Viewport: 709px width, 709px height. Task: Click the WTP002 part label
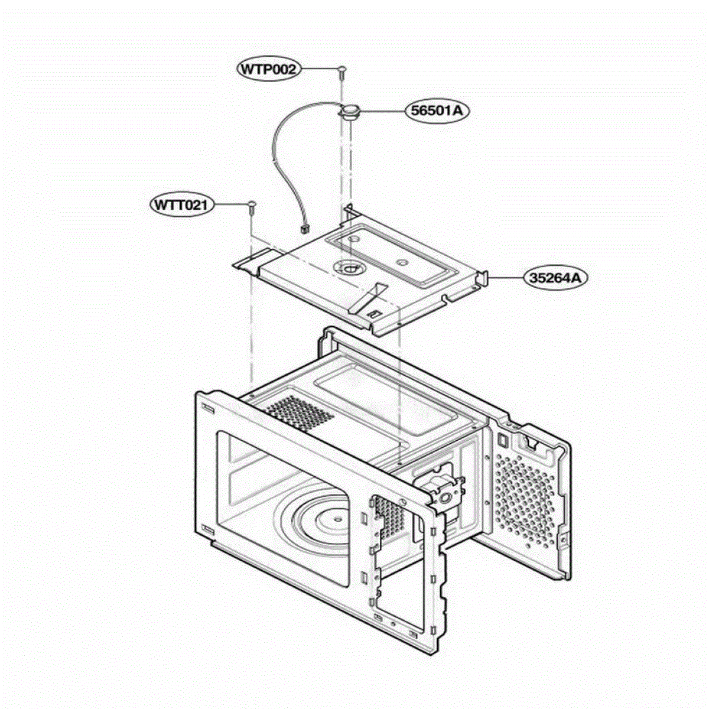pos(268,69)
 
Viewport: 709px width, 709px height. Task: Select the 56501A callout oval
pos(437,110)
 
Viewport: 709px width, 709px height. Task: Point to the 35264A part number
pos(555,278)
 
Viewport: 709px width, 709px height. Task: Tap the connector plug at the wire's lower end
pos(304,230)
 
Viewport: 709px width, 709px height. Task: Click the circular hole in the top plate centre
pos(350,268)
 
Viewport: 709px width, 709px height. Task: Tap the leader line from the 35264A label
pos(506,278)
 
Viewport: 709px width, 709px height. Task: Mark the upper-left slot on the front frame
pos(208,408)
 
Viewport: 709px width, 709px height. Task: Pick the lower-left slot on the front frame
pos(208,529)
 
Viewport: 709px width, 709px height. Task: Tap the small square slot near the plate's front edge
pos(374,314)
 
